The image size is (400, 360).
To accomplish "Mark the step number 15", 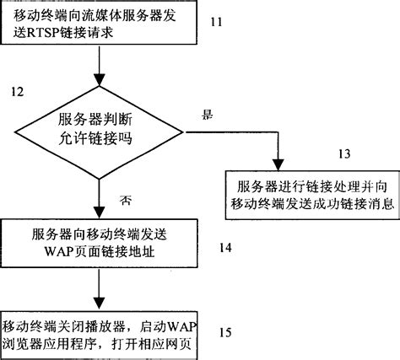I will [225, 331].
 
